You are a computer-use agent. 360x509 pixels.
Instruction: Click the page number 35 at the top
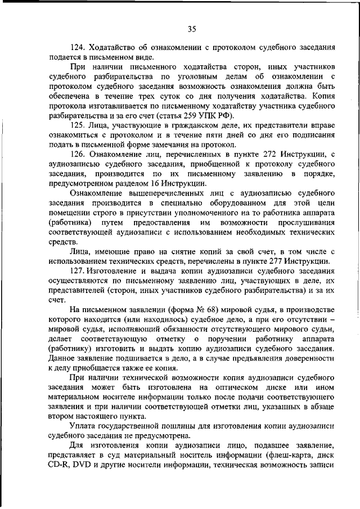tap(191, 29)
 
